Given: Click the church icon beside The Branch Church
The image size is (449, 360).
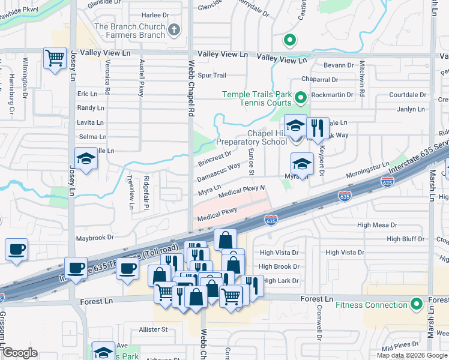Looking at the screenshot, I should [x=174, y=29].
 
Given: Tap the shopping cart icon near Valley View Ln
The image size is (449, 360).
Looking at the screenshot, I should [x=55, y=59].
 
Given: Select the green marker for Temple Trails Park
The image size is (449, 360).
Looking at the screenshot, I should [x=300, y=97].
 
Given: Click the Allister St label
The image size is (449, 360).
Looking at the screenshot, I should [x=152, y=329].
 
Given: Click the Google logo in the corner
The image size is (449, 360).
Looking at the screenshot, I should [x=20, y=353].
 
